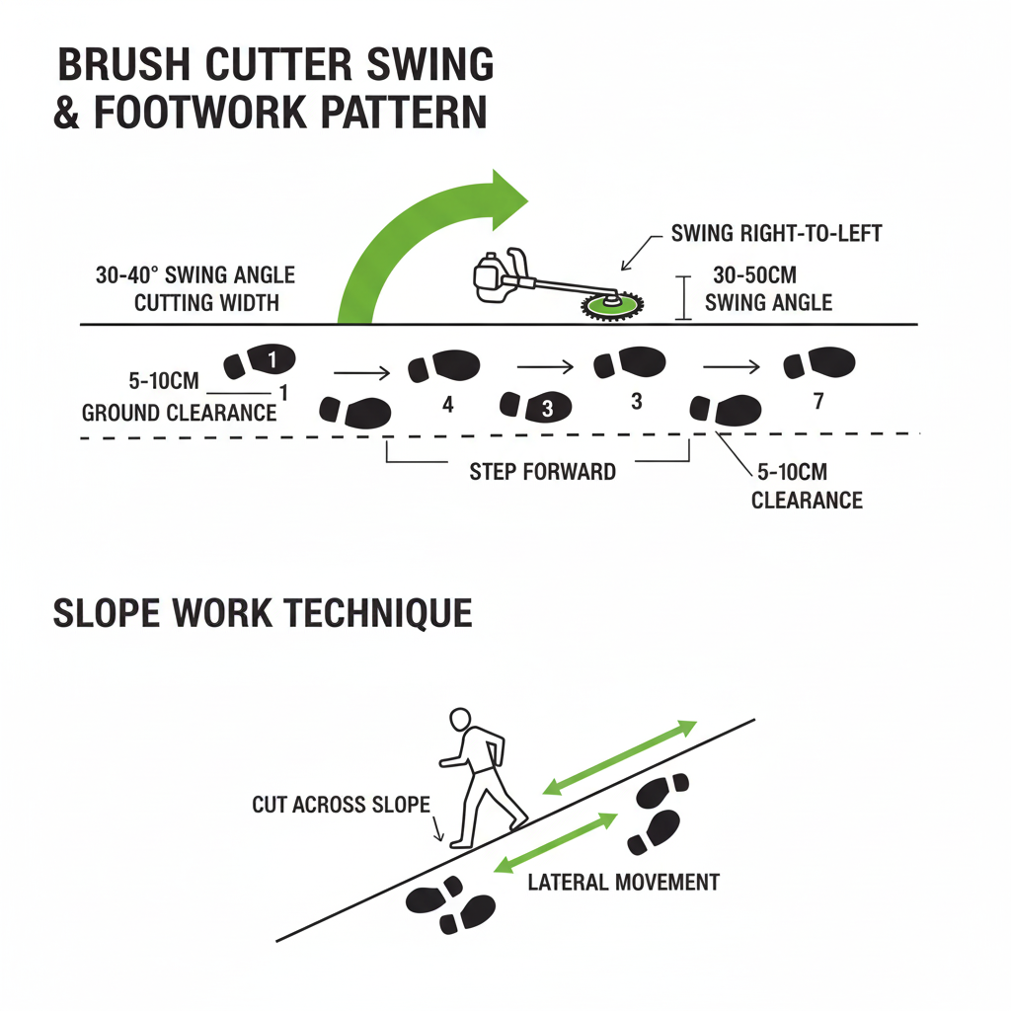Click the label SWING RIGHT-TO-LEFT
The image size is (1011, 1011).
(776, 234)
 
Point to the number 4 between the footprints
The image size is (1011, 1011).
(447, 404)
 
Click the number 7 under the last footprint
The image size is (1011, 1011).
(816, 402)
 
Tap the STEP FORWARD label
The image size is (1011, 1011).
(542, 471)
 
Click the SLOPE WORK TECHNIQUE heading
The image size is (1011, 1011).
(262, 613)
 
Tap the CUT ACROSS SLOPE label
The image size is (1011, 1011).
(341, 804)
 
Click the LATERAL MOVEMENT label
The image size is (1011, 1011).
(623, 881)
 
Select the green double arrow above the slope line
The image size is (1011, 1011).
(620, 757)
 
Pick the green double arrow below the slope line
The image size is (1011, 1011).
(555, 842)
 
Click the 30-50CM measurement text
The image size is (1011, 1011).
(754, 276)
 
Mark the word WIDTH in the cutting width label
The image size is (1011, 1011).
(253, 302)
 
